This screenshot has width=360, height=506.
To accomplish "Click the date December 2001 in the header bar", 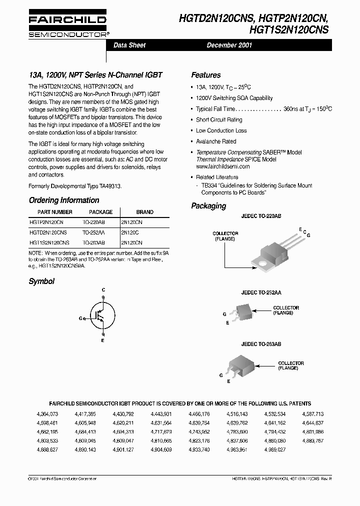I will pos(229,45).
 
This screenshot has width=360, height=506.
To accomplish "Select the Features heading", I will pos(205,75).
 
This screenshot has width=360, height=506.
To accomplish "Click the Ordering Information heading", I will pos(64,200).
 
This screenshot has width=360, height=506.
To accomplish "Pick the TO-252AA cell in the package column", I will pos(93,232).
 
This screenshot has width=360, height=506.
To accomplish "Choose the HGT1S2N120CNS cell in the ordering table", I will pos(49,242).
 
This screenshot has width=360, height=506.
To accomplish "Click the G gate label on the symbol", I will pos(80,318).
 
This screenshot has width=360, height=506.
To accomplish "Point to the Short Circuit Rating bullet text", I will pos(219,120).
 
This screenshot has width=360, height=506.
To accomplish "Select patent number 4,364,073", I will pos(47,414).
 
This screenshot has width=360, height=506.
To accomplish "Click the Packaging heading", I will pos(208,206).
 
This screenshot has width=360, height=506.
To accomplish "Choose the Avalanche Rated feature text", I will pos(216,141).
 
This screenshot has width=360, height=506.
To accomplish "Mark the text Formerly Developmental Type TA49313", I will pos(75,185).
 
